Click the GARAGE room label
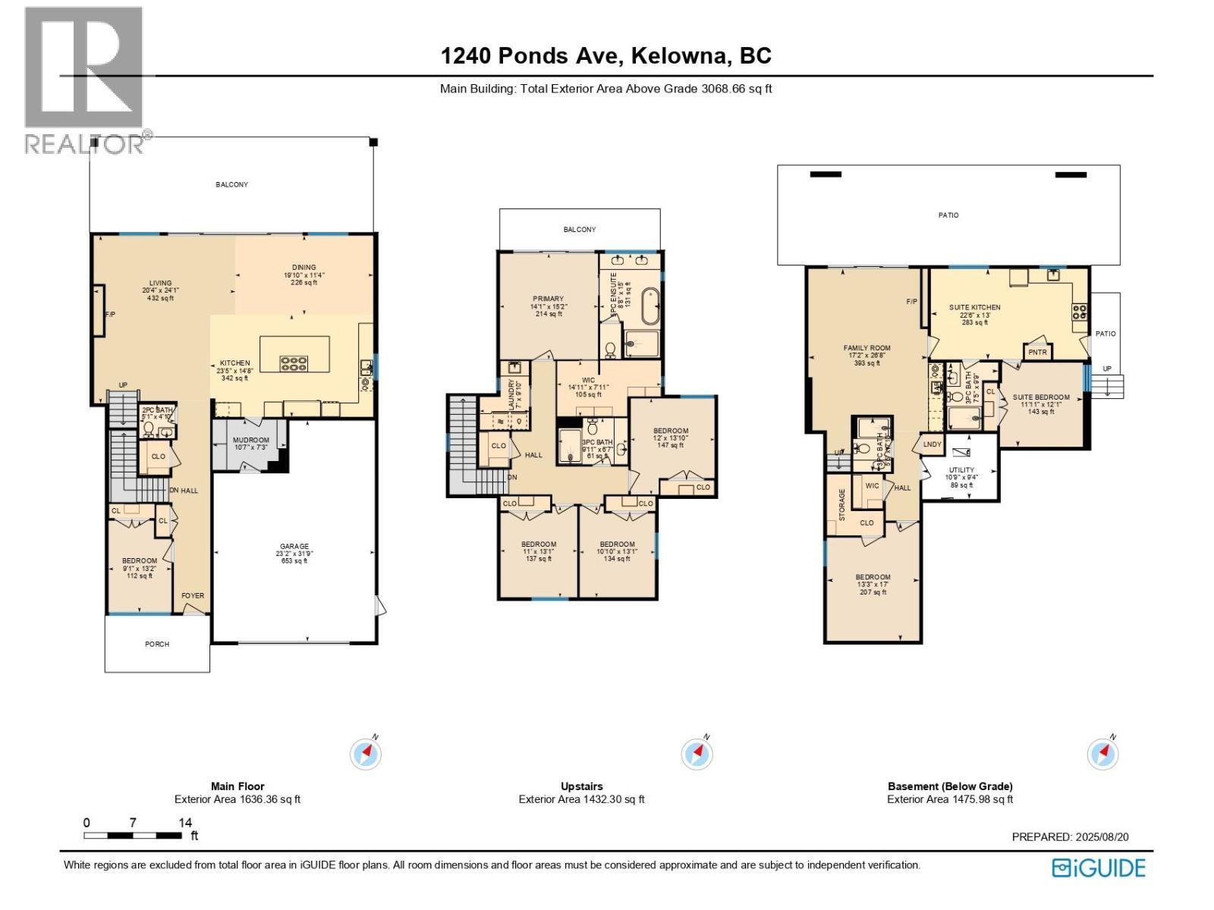coord(294,546)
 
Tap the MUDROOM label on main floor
coord(250,441)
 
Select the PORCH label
coord(157,645)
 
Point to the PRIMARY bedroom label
coord(548,299)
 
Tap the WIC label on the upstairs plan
coord(588,381)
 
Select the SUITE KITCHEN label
coord(975,308)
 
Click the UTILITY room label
coord(961,470)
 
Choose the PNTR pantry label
coord(1037,353)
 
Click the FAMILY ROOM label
coord(866,349)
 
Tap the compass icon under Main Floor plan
coord(366,754)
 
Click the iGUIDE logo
coord(1099,868)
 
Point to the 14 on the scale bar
coord(185,822)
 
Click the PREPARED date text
coord(1070,837)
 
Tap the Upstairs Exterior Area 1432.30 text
coord(581,799)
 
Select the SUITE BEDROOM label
coord(1041,397)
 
